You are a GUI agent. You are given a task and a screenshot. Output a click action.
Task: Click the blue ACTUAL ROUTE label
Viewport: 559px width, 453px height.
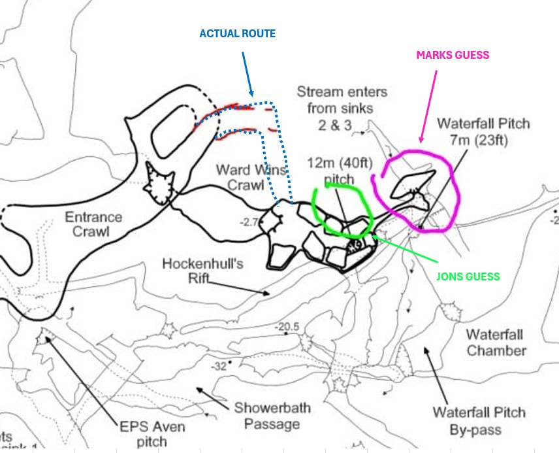tap(238, 33)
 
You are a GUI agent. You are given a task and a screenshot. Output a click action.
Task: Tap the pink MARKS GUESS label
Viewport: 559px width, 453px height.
tap(452, 56)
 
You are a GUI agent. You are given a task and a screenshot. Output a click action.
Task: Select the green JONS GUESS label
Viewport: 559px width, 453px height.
tap(468, 277)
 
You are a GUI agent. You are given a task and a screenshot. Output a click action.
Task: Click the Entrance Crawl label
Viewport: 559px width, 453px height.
tap(93, 224)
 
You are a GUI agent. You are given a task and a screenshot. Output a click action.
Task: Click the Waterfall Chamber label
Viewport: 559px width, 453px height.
tap(496, 343)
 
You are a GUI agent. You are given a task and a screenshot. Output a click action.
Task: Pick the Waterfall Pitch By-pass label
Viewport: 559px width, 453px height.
tap(479, 422)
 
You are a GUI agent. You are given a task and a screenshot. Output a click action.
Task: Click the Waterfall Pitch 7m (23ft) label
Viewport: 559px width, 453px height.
tap(483, 131)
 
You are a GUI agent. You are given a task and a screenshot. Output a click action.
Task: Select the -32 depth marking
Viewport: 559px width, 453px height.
tap(218, 367)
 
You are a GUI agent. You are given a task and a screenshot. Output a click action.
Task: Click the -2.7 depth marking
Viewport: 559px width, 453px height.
tap(249, 223)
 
